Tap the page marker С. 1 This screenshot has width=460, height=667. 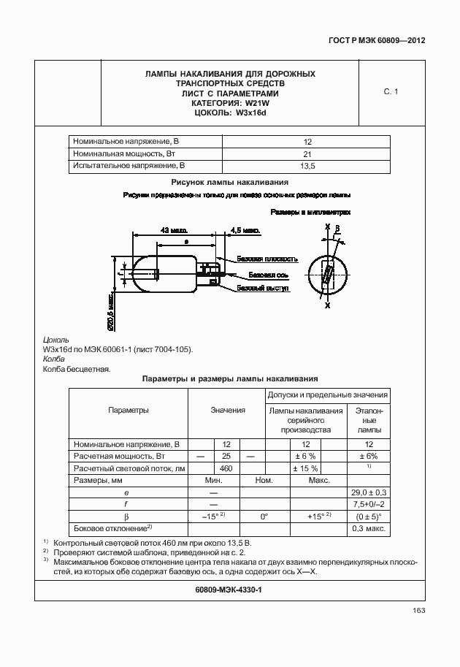tap(391, 92)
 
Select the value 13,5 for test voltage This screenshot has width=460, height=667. tap(307, 167)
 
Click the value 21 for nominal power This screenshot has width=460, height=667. tap(307, 154)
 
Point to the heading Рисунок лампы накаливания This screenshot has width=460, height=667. tap(230, 183)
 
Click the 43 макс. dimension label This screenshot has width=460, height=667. tap(174, 230)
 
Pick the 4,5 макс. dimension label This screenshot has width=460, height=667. tap(245, 230)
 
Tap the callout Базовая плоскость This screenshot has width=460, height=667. tap(267, 259)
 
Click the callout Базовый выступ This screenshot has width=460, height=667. tap(264, 289)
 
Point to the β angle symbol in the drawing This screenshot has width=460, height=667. tap(337, 229)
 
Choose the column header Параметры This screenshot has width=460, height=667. tap(129, 411)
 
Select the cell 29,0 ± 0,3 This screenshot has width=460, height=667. tap(369, 493)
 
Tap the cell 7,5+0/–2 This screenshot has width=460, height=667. tap(369, 505)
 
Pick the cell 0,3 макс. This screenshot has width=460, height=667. tap(369, 528)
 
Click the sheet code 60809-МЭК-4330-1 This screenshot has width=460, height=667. tap(229, 590)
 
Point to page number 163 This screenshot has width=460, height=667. tap(418, 611)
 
